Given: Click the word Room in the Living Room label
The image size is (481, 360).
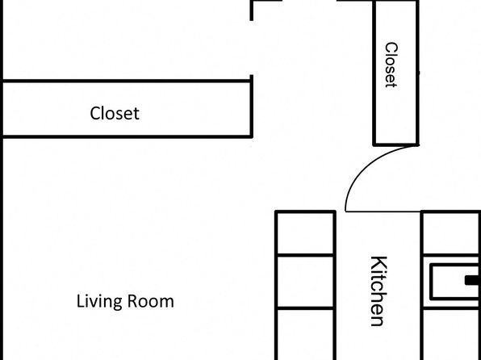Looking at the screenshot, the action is [x=151, y=301].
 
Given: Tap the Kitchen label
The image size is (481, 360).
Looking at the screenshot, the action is [x=379, y=291].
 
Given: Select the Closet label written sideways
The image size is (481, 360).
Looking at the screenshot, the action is [x=391, y=65].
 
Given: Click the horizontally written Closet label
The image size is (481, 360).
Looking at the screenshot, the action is [x=115, y=113].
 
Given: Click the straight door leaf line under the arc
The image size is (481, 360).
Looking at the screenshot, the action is [x=383, y=211].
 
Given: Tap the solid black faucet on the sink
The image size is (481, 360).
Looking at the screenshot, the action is [x=473, y=281].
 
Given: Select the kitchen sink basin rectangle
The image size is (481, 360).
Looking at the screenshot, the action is [x=455, y=282].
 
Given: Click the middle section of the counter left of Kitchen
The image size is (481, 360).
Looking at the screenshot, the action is [x=305, y=281].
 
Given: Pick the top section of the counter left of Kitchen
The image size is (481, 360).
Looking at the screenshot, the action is [x=305, y=233].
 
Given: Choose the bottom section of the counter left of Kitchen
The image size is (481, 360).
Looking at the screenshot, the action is [x=305, y=334].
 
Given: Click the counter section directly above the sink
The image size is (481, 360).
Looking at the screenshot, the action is [x=452, y=233].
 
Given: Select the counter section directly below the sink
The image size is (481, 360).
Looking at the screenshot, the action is [x=452, y=334].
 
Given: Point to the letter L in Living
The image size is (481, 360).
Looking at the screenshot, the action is [x=80, y=301].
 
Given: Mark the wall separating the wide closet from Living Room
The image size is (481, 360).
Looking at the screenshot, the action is [x=127, y=136].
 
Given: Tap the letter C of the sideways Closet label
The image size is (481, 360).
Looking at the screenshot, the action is [x=391, y=48].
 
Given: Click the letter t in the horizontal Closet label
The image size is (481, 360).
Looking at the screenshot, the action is [x=136, y=114].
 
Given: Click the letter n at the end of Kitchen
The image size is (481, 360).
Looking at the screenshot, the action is [x=377, y=320].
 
